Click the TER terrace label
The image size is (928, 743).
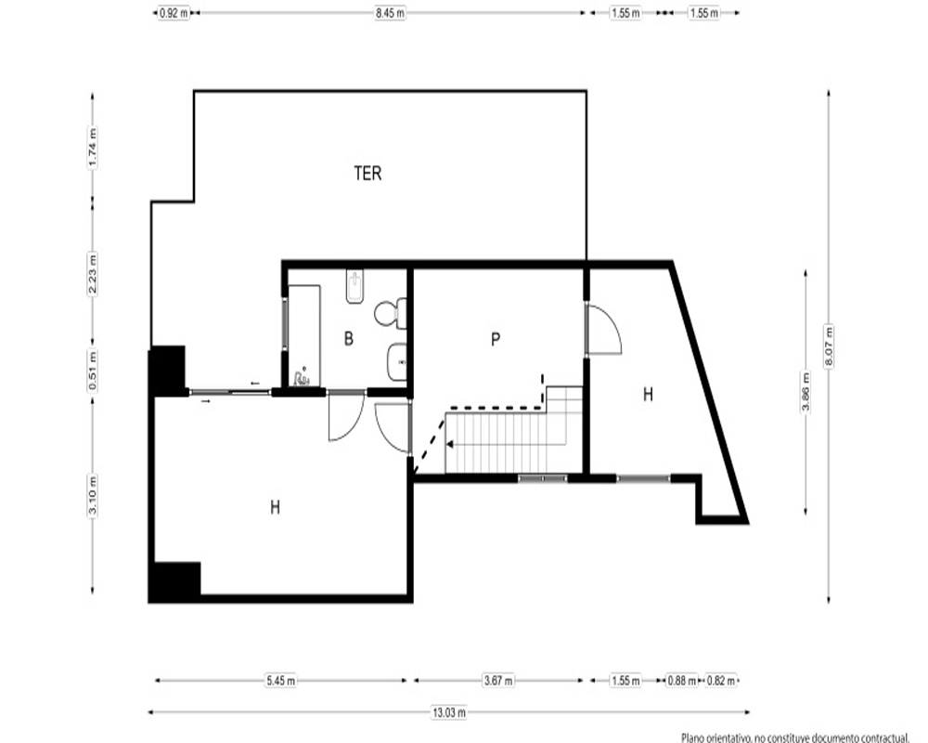(x=367, y=173)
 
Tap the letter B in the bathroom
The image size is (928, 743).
(x=349, y=338)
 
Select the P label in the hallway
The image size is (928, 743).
(x=496, y=339)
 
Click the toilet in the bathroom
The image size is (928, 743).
(x=391, y=313)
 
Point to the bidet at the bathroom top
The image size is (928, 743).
(x=354, y=287)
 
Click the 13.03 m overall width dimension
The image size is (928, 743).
(x=448, y=712)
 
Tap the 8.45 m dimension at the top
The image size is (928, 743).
(x=390, y=12)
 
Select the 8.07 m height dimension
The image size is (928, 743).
(x=829, y=346)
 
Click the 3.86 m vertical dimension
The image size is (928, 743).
(x=805, y=390)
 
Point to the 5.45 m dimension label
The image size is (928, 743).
(x=280, y=681)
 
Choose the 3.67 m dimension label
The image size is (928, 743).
(x=498, y=680)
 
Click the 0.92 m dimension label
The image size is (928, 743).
(x=174, y=12)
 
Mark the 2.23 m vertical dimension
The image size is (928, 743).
(x=92, y=273)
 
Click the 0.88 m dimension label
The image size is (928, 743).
(x=682, y=681)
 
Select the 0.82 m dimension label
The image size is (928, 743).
(x=720, y=681)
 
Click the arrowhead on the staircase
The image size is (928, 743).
(x=450, y=444)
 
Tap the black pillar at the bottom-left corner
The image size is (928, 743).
(x=175, y=581)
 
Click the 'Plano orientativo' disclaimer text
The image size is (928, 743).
(x=794, y=737)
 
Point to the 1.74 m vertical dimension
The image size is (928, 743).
(x=92, y=147)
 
